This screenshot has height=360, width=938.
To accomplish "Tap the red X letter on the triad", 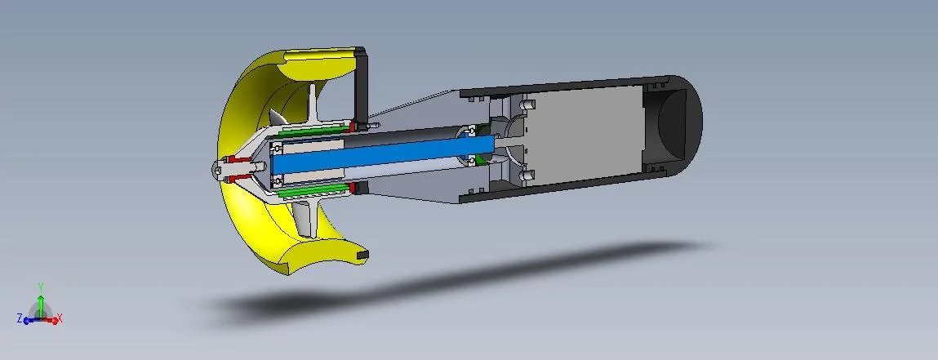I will click(60, 319).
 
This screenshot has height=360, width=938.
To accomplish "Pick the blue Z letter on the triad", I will click(20, 318).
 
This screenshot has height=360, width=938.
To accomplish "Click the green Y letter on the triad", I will click(41, 287).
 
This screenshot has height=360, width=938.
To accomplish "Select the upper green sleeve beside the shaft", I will click(314, 128).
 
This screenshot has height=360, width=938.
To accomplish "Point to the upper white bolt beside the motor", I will click(527, 105).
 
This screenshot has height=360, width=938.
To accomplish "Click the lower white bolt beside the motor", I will click(527, 174).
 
